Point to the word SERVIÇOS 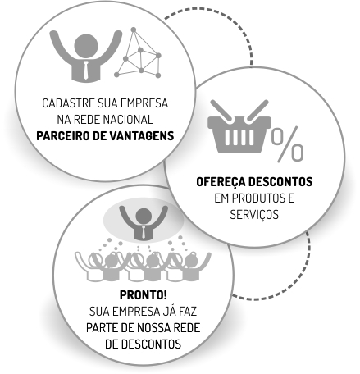pos(254,215)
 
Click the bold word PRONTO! pos(144,295)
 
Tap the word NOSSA pos(154,328)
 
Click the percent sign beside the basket pos(288,144)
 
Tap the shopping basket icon pos(239,126)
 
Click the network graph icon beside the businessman pos(138,52)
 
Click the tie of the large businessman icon pos(86,70)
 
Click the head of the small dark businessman pos(144,216)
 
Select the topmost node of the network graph pos(134,30)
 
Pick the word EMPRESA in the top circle pos(144,103)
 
